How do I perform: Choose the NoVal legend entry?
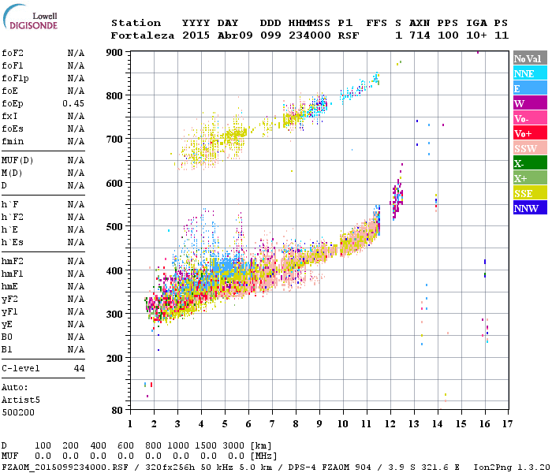pos(529,58)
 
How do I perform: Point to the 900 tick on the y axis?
pos(116,52)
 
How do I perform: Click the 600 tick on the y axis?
pos(116,183)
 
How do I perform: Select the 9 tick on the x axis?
pos(319,423)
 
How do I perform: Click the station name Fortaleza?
pos(143,35)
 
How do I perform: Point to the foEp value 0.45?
pos(74,103)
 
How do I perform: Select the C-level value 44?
pos(79,368)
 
